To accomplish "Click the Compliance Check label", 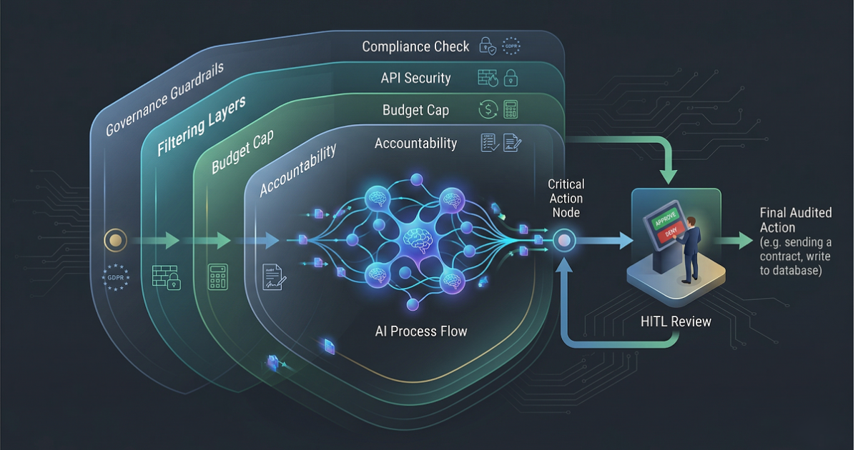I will pos(415,47).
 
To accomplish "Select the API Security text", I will pos(415,78).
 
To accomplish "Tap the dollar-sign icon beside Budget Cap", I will pos(488,110).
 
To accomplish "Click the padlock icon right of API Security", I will pos(511,78).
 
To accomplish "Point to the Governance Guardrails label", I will pos(164,99).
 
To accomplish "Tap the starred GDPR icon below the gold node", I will pos(115,277).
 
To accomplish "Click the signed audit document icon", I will pos(272,276).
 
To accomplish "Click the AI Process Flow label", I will pos(421,331).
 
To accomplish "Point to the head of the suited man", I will pos(694,211).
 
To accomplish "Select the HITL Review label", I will pos(676,322).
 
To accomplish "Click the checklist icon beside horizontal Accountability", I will pos(488,143).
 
